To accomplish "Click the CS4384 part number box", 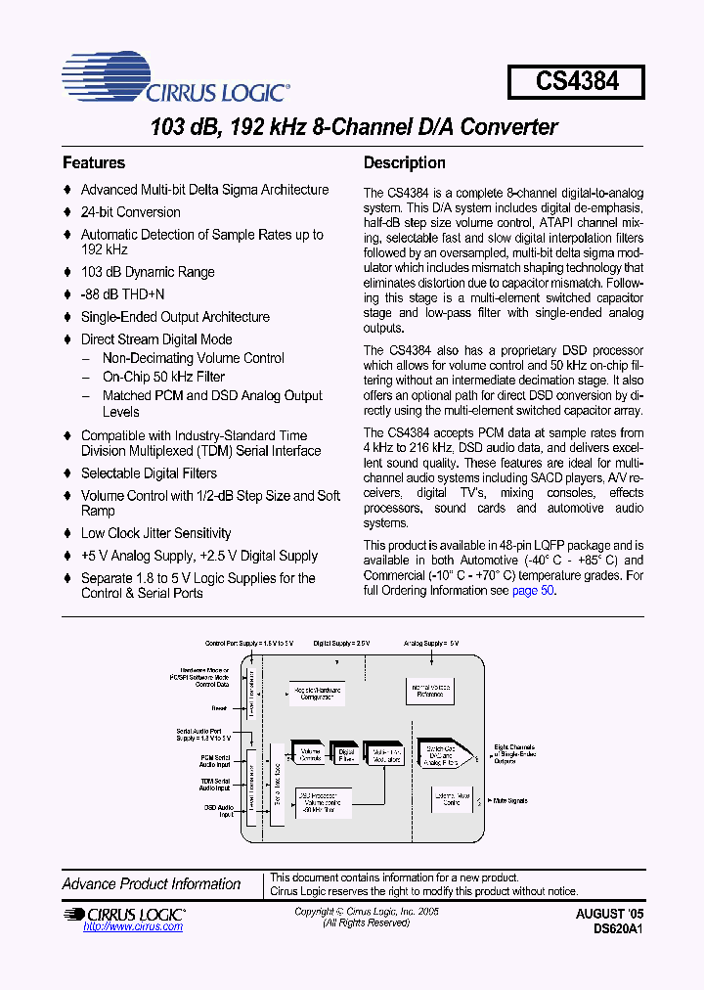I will (577, 81).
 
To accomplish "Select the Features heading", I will (94, 163).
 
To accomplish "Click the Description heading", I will (404, 163).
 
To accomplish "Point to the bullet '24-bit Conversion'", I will (130, 212).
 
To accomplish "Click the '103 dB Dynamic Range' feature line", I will (147, 272).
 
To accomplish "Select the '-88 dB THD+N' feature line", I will (122, 294).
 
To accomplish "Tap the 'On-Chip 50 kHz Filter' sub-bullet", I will (163, 377).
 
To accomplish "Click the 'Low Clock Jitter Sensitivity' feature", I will (155, 533).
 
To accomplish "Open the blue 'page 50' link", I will (534, 592).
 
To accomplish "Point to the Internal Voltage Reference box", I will (430, 692).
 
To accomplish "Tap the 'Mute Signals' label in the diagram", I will (510, 801).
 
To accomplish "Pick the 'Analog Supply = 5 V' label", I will (431, 644).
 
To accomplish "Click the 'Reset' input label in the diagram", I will (220, 706).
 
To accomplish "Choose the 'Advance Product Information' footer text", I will (152, 884).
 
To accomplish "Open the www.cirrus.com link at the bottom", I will (120, 926).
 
